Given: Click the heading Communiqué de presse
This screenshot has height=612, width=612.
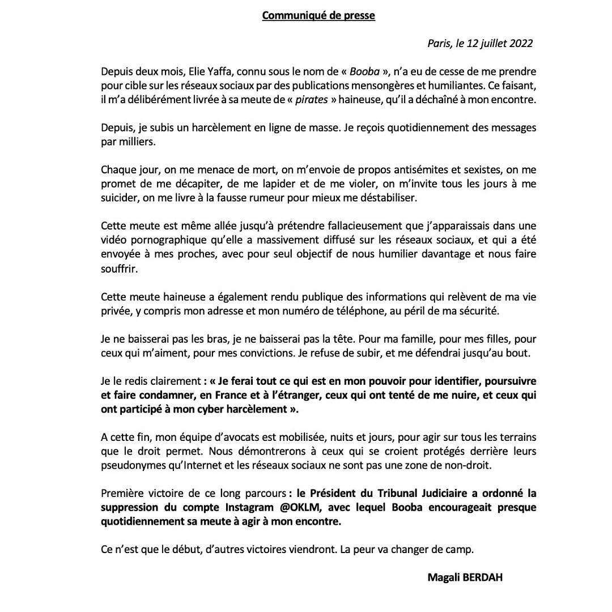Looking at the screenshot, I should (x=318, y=15).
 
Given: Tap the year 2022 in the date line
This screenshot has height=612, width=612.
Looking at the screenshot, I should (x=520, y=44).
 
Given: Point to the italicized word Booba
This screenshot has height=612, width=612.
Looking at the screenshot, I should (x=362, y=72).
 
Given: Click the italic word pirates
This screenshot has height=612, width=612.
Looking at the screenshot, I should (x=311, y=99).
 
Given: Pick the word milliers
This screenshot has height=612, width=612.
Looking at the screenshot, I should (x=136, y=141).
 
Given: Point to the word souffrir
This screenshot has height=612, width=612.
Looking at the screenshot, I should (x=118, y=268).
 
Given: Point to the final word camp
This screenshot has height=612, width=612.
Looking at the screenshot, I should (x=460, y=549).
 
